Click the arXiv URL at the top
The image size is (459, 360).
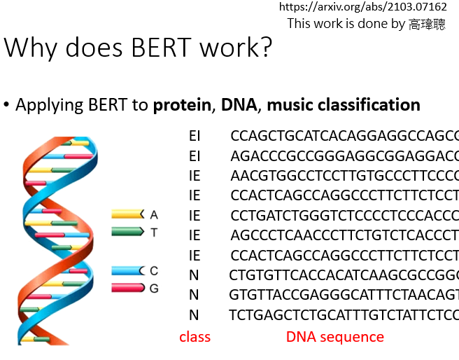point(363,7)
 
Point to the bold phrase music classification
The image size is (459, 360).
point(344,105)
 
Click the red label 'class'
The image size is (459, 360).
point(195,338)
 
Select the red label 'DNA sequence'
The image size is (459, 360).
point(335,338)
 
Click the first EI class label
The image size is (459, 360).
point(195,136)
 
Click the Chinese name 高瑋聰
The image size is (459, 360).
point(427,24)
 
